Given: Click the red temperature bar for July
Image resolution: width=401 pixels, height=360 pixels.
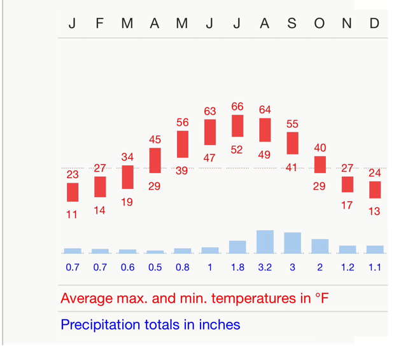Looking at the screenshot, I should pyautogui.click(x=237, y=126).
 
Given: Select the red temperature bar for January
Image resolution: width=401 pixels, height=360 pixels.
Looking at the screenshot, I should pyautogui.click(x=73, y=192).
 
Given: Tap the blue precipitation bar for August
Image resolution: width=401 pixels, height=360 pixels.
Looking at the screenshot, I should pyautogui.click(x=265, y=242).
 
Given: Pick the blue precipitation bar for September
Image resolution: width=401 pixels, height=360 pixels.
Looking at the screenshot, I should pyautogui.click(x=292, y=243).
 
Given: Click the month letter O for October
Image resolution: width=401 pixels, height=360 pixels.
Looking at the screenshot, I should pyautogui.click(x=320, y=24).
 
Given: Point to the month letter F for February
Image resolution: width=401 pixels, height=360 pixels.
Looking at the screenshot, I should pyautogui.click(x=99, y=24).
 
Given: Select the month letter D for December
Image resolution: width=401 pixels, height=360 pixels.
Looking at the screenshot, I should pyautogui.click(x=374, y=24).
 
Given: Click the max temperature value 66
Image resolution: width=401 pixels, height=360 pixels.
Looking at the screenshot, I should pyautogui.click(x=237, y=107).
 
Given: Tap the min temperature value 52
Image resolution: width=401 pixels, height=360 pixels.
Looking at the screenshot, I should pyautogui.click(x=237, y=150).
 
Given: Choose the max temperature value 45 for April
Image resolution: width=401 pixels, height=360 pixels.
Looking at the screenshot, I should pyautogui.click(x=155, y=140).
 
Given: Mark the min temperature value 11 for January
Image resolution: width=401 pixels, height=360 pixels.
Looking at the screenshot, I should pyautogui.click(x=72, y=215).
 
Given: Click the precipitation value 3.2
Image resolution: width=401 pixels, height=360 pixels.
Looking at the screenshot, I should pyautogui.click(x=265, y=268).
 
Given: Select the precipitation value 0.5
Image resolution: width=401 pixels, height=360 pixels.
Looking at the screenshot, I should pyautogui.click(x=155, y=268).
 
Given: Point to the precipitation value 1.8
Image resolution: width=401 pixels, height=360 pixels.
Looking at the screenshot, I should pyautogui.click(x=237, y=268).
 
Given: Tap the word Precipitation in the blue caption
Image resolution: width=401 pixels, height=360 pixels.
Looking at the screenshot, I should pyautogui.click(x=101, y=325).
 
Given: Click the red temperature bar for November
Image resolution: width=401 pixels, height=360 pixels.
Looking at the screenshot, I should pyautogui.click(x=347, y=184).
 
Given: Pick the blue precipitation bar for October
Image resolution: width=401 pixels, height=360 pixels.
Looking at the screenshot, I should pyautogui.click(x=320, y=246).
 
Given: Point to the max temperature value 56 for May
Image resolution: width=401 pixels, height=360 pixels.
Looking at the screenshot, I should pyautogui.click(x=183, y=123).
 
